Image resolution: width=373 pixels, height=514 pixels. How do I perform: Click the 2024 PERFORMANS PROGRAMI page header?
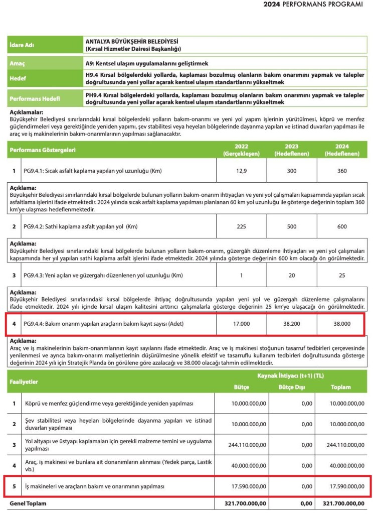coord(313,5)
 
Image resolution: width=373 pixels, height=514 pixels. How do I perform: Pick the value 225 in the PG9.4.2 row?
coord(241,226)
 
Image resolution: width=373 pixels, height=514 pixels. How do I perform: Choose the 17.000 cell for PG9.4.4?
coord(241,324)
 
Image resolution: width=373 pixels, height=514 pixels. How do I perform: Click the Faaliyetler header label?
coord(26,381)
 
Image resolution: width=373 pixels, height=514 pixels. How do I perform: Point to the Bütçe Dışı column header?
coord(291,387)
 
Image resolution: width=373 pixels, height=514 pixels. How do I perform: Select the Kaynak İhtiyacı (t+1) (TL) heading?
coord(291,375)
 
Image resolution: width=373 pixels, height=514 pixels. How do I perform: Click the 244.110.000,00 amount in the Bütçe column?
coord(242,445)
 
